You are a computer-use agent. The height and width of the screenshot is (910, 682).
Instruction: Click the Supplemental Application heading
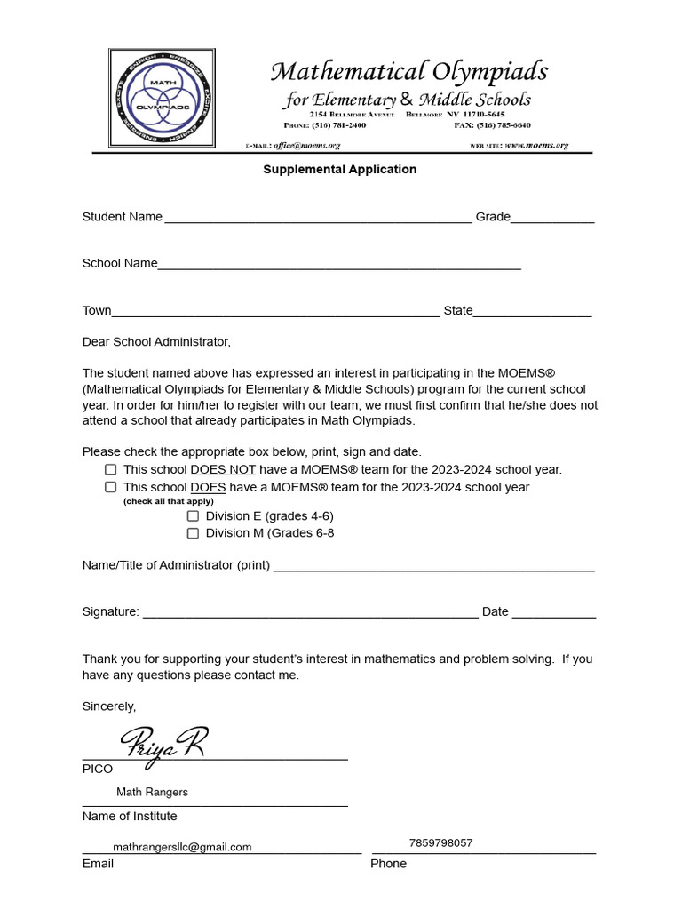(x=339, y=169)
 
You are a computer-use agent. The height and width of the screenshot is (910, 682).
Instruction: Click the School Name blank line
(x=339, y=266)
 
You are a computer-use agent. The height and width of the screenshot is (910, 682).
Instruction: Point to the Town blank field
(x=275, y=313)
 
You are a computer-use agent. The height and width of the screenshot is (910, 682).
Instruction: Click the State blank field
(x=532, y=313)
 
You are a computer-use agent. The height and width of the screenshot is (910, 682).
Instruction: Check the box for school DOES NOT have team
(x=111, y=469)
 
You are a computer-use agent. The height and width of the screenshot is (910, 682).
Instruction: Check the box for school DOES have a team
(x=111, y=487)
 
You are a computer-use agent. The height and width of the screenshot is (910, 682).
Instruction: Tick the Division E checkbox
(x=193, y=515)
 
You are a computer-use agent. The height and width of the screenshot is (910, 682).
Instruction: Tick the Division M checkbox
(x=193, y=533)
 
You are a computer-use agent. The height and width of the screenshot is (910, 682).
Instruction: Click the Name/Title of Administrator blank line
(x=433, y=568)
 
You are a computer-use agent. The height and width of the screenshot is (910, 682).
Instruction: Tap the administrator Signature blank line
(x=310, y=614)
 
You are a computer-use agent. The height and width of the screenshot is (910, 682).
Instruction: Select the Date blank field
(x=554, y=614)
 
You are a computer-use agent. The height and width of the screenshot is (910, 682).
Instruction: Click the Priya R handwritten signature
(x=163, y=741)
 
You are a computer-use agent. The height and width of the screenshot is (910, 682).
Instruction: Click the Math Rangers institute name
(x=152, y=792)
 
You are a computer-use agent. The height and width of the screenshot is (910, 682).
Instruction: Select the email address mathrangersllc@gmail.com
(x=182, y=847)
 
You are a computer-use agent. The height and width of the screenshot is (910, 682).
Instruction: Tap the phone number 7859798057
(x=440, y=842)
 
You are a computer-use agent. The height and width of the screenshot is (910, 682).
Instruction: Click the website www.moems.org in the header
(x=536, y=145)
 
